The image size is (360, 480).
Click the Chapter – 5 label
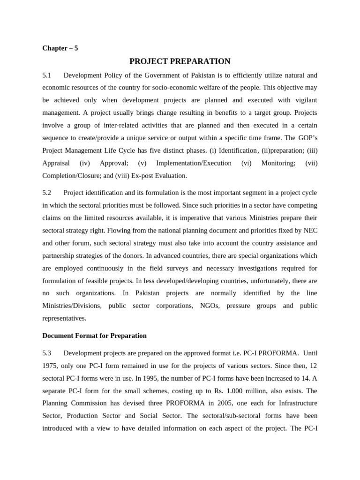[x=60, y=48]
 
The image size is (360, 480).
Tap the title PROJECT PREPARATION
[x=180, y=61]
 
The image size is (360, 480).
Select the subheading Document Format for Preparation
[x=94, y=336]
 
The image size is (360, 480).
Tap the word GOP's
[x=307, y=138]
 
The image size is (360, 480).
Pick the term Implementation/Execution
[x=194, y=163]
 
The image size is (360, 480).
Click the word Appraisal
[x=56, y=163]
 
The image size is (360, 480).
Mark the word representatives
[x=64, y=318]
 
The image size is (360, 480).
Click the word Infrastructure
[x=295, y=403]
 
